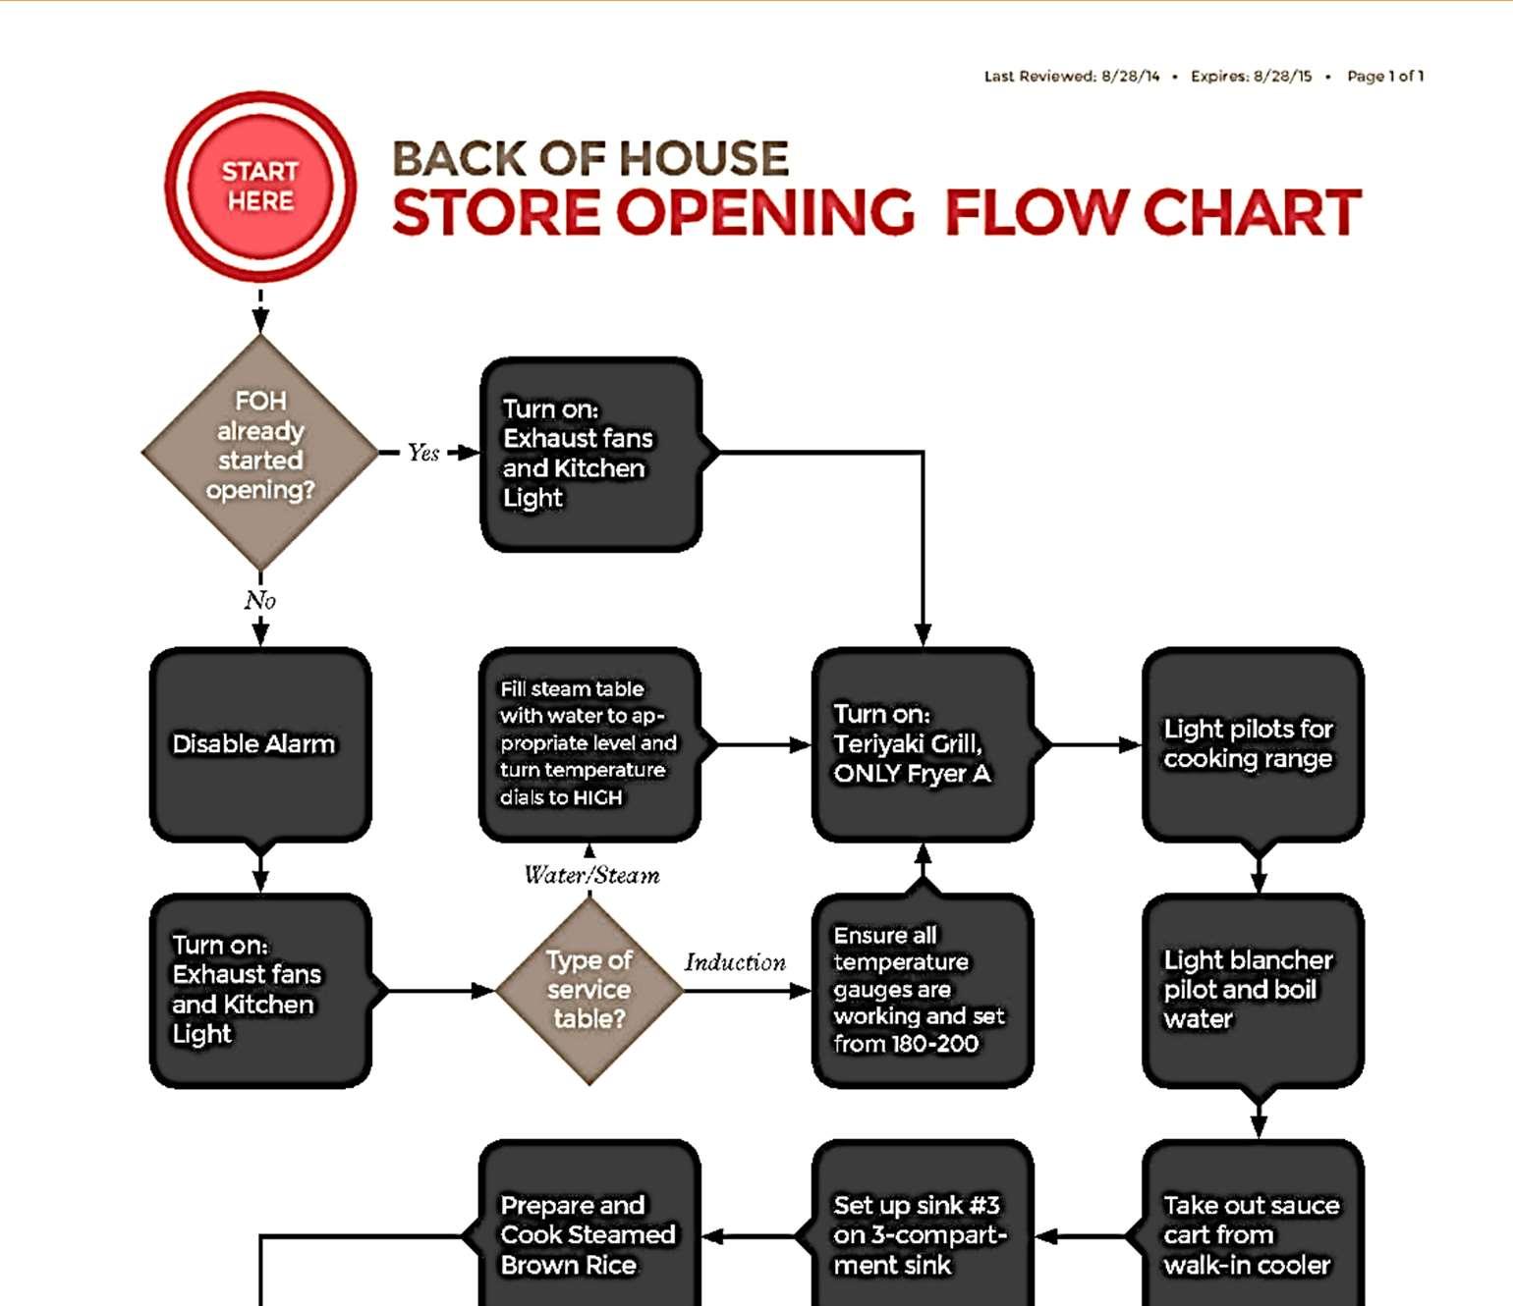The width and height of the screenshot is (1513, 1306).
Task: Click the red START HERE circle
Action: [x=260, y=187]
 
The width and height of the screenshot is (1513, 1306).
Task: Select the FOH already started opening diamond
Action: [x=260, y=452]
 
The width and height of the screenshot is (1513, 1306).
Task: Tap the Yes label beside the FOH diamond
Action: [x=423, y=453]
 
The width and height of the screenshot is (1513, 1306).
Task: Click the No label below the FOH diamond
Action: [x=260, y=600]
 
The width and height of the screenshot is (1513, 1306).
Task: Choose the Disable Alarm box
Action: [x=260, y=743]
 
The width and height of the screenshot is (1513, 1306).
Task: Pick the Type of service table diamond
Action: [x=589, y=990]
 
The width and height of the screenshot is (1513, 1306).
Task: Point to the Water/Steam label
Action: [x=591, y=875]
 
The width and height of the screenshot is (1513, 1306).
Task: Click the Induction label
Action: [x=735, y=962]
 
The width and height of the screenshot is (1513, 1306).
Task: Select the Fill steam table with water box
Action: [x=589, y=743]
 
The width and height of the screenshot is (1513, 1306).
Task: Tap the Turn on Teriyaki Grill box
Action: [x=922, y=743]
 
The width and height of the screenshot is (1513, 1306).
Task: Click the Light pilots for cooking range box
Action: [x=1253, y=743]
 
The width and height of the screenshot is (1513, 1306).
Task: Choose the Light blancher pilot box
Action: [x=1253, y=990]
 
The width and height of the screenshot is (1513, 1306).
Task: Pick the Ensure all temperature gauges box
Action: [x=922, y=990]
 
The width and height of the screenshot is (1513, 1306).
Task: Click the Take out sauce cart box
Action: [x=1253, y=1234]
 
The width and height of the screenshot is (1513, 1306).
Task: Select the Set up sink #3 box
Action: [x=922, y=1234]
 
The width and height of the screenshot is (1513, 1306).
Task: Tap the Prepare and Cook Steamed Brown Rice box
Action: [x=589, y=1234]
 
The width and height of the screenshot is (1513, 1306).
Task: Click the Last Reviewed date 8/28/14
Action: [x=1130, y=77]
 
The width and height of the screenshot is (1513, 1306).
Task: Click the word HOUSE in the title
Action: [x=702, y=159]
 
